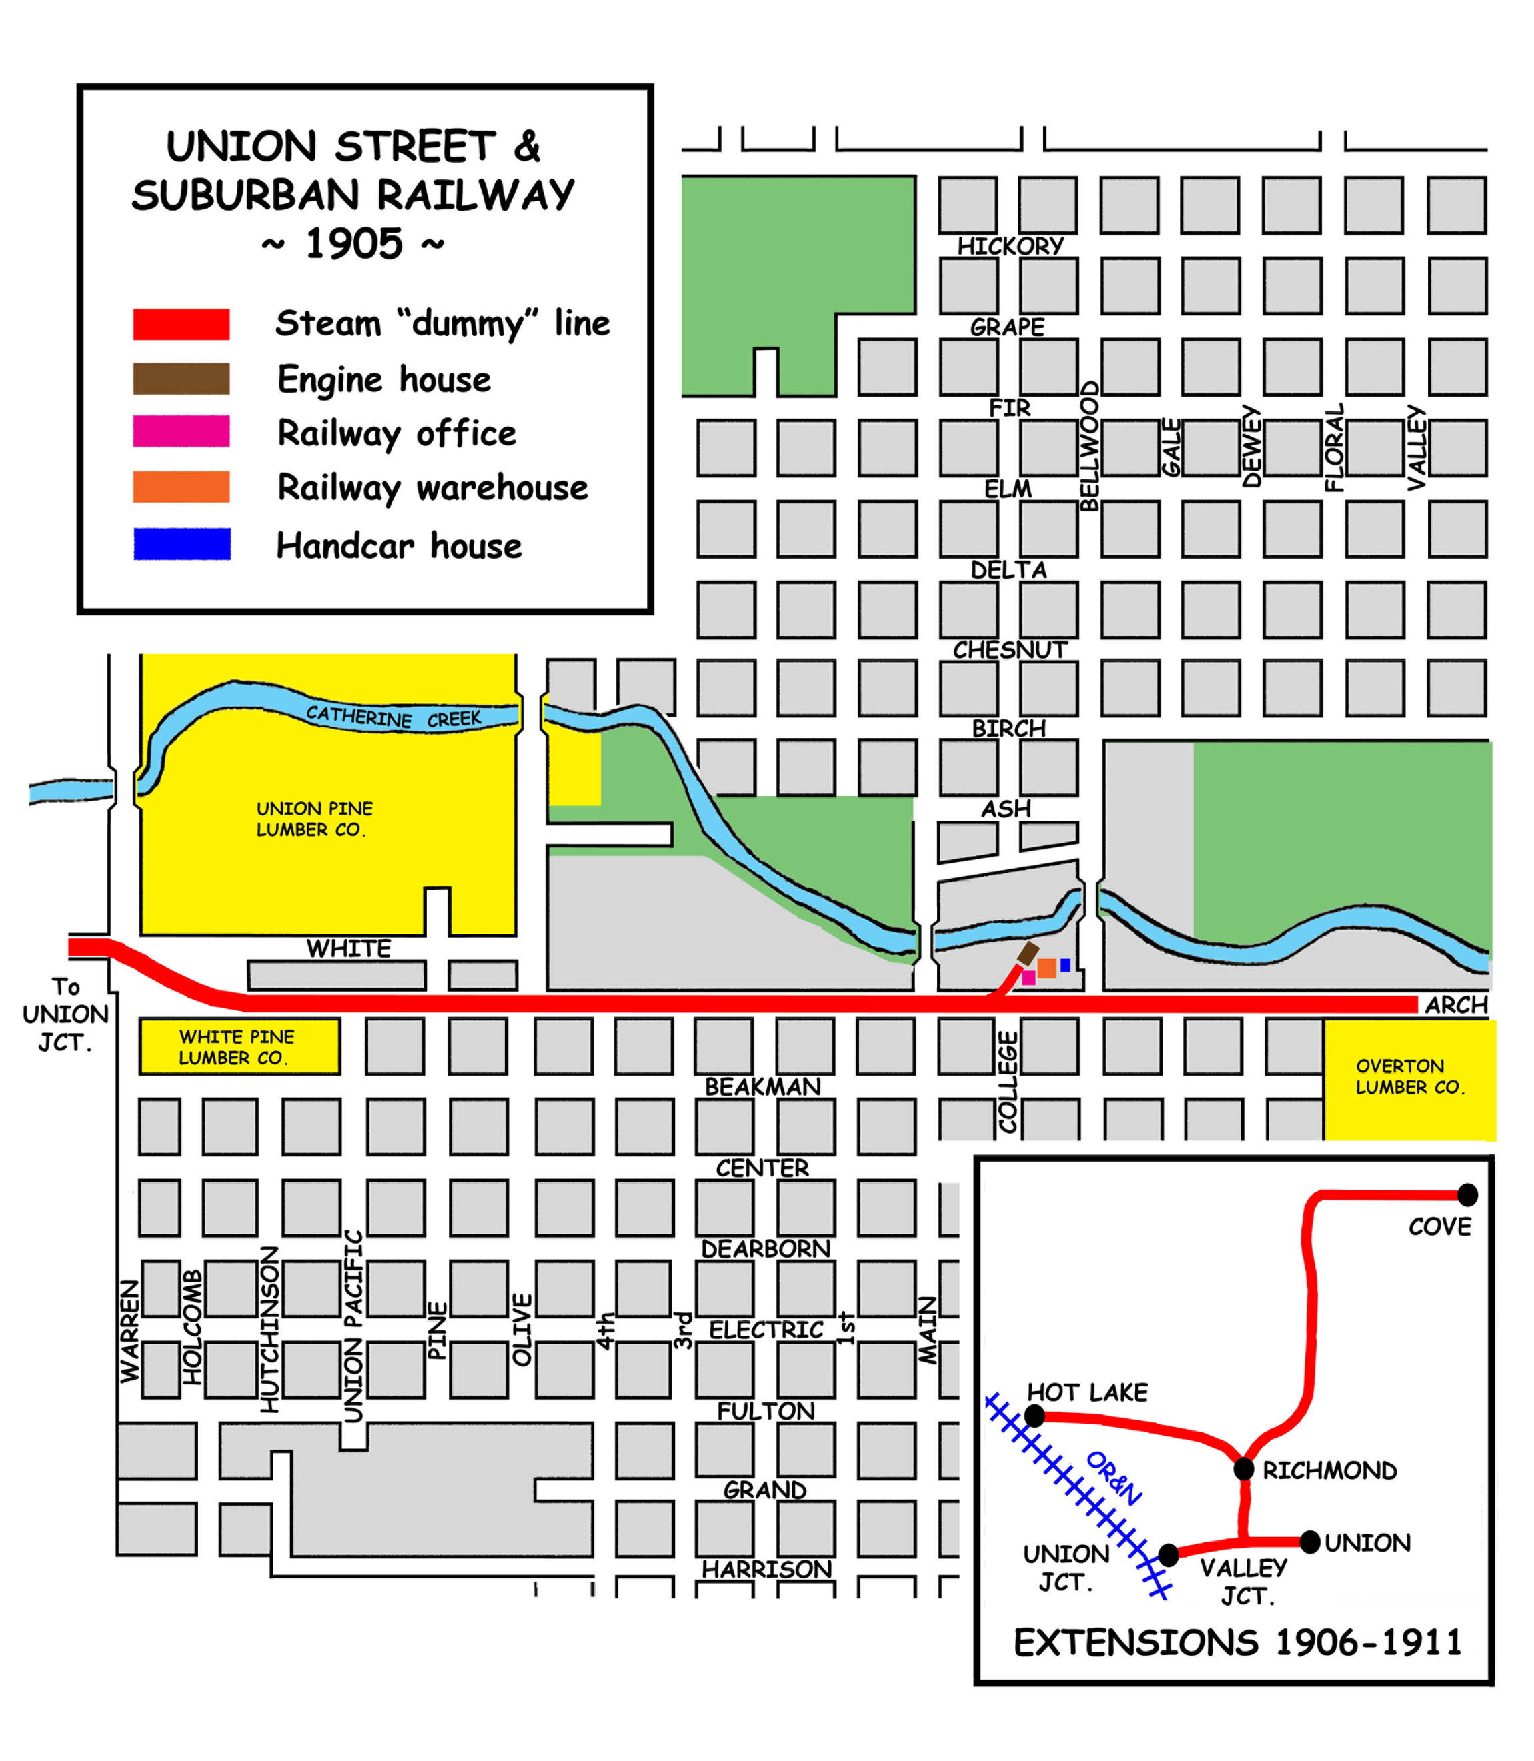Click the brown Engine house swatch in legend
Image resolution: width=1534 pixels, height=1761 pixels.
[181, 378]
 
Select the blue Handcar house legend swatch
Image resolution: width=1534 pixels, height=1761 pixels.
[181, 544]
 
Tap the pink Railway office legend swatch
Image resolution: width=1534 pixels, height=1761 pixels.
[181, 431]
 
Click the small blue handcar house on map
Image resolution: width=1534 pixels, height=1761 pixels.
[1065, 966]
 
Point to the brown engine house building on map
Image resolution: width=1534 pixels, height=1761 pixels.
[1027, 952]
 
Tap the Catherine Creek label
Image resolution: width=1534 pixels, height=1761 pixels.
[394, 717]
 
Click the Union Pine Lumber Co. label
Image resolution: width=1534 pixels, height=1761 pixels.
[314, 819]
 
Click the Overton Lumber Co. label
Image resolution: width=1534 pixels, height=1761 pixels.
[1409, 1076]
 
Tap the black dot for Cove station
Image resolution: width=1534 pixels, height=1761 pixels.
[1467, 1194]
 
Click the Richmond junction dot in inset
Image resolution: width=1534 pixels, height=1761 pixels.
[1244, 1469]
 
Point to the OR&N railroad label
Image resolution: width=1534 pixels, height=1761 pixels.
[1113, 1478]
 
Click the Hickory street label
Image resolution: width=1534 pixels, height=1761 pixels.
[1010, 247]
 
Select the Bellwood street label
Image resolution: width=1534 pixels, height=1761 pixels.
[1089, 447]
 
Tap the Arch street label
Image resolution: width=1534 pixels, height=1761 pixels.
[1456, 1005]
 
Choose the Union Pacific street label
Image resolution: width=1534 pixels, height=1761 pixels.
[353, 1326]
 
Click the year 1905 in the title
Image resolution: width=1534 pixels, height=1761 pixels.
[353, 244]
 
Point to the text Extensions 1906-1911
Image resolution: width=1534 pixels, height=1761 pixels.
[1238, 1642]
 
